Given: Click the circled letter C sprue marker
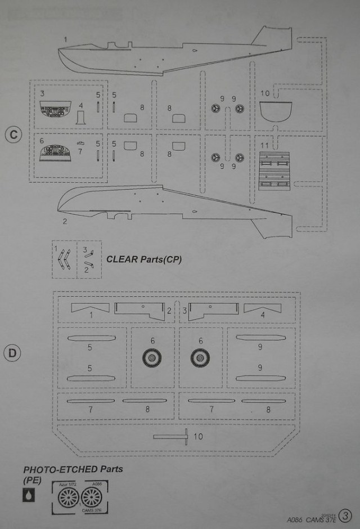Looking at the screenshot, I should coord(12,136).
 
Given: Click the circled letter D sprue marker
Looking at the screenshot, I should coord(12,353).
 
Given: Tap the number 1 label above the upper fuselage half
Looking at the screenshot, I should coord(66,39).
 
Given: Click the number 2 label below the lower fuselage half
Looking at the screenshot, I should coord(65,221).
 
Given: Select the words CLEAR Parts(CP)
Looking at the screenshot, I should coord(144,259).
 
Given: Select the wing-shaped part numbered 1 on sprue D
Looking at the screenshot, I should coord(90,308).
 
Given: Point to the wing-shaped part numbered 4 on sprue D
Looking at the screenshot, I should coord(262,308).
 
